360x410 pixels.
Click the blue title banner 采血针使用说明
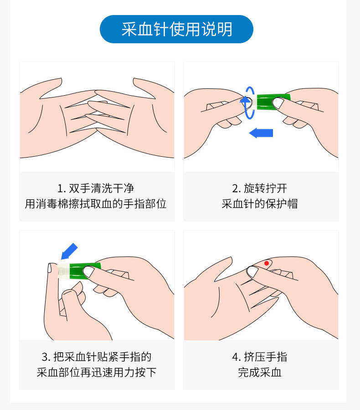177,29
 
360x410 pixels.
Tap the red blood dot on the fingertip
266,263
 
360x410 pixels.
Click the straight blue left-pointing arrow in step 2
261,133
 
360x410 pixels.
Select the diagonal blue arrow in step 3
69,251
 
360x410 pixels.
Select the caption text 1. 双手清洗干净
96,188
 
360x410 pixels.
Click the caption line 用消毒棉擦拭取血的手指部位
96,204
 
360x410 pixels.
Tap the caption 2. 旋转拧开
260,188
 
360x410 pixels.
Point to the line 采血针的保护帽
260,204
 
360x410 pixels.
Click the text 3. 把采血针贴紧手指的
97,357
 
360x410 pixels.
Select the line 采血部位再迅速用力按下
97,372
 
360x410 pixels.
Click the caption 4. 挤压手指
260,357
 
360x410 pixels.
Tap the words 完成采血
260,372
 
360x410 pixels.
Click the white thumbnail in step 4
252,272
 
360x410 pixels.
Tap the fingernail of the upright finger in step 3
50,268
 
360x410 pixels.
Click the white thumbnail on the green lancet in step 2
278,103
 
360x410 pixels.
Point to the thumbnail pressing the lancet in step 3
89,272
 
